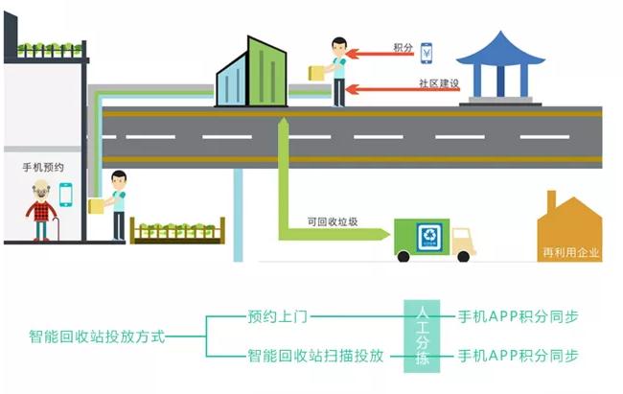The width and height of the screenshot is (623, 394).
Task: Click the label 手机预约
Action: (43, 166)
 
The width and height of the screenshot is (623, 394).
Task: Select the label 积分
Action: (403, 47)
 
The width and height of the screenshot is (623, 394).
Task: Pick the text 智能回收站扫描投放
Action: (315, 356)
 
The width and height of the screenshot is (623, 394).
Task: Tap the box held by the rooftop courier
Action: (314, 73)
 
